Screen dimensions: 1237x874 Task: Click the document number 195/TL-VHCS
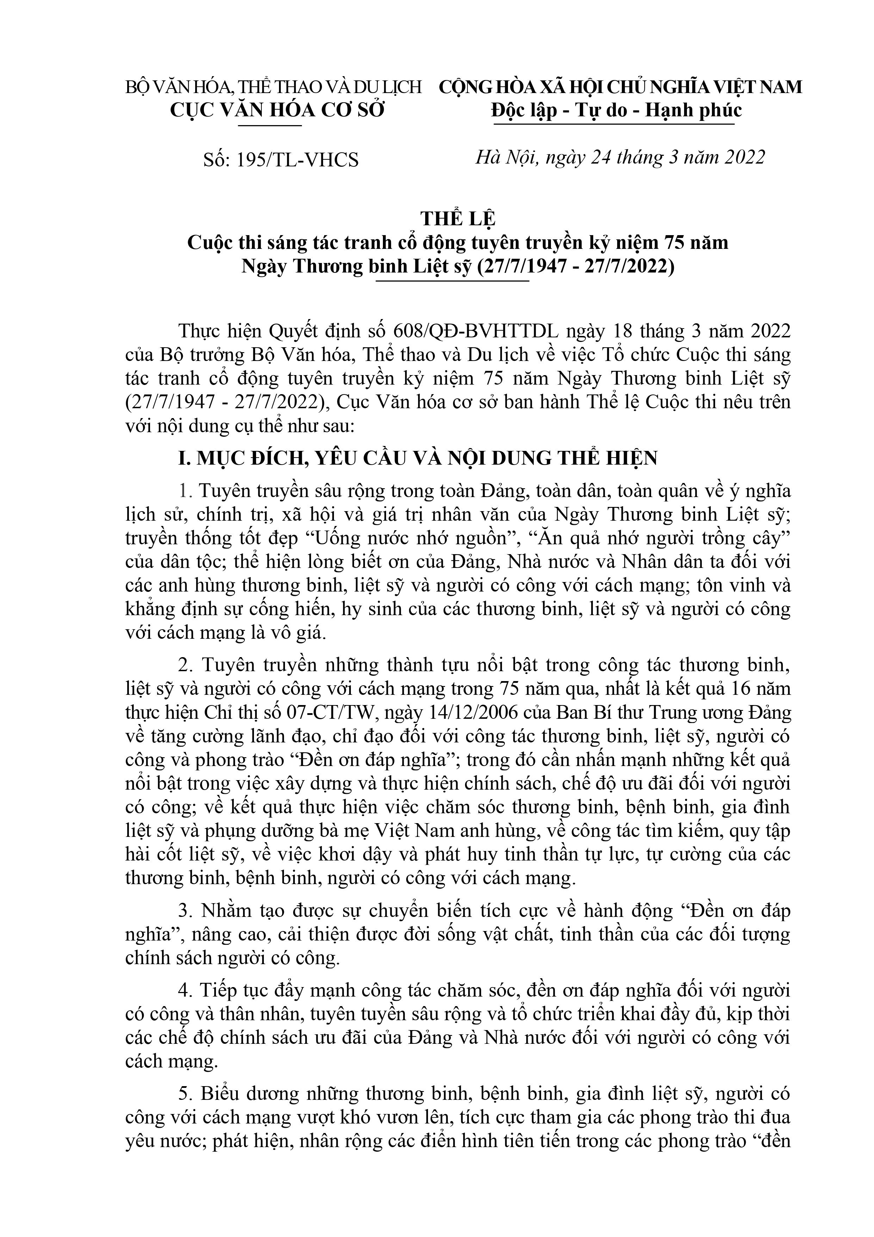click(x=297, y=160)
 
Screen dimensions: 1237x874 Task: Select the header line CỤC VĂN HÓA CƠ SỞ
click(x=278, y=110)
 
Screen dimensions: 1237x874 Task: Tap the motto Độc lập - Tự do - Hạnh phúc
click(x=616, y=110)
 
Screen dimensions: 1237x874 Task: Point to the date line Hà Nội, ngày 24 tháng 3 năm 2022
click(x=620, y=157)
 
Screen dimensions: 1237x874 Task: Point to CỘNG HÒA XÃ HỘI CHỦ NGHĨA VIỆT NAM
click(x=620, y=87)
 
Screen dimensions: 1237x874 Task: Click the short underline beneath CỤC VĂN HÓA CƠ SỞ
click(x=270, y=126)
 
